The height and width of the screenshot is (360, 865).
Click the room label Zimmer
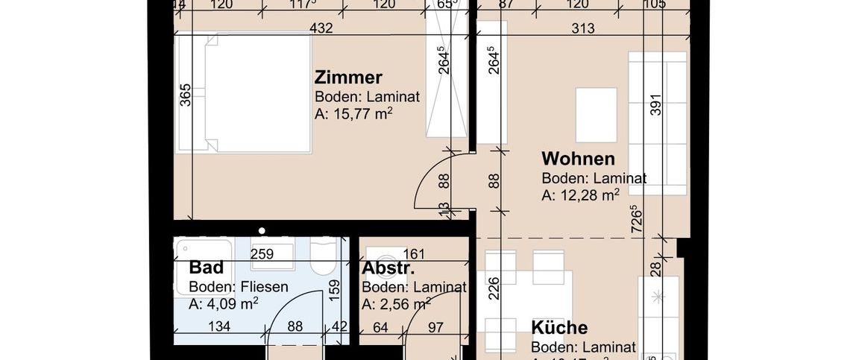(x=348, y=78)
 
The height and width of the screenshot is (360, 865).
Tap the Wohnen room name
(x=578, y=159)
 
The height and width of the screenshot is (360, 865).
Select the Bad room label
(x=207, y=268)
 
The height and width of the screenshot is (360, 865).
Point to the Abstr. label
(x=389, y=269)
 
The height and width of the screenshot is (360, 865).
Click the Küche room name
(x=559, y=328)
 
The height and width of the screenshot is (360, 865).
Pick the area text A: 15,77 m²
(x=353, y=114)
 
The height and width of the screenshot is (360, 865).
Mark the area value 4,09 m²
(x=224, y=303)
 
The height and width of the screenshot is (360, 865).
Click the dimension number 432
(x=321, y=29)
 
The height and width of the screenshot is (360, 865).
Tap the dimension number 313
(x=582, y=29)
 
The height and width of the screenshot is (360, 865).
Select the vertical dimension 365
(x=186, y=95)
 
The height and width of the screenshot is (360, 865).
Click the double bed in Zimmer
(x=243, y=93)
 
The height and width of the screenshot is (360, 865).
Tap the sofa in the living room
(x=658, y=123)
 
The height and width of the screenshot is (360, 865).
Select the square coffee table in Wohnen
(x=596, y=115)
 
